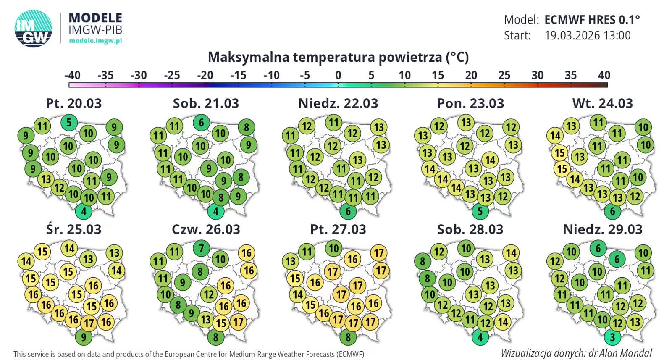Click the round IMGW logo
[34, 29]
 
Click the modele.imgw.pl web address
[95, 41]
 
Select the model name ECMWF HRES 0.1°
[592, 20]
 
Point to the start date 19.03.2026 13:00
[587, 35]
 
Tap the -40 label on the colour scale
[72, 75]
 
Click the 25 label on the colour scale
[504, 75]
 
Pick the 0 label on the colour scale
[338, 75]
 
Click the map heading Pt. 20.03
[74, 103]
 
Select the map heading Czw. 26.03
[206, 229]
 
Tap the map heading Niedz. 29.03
[603, 229]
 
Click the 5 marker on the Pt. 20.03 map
[69, 123]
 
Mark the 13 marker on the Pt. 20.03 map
[46, 179]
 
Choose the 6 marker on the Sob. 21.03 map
[201, 123]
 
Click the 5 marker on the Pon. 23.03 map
[480, 211]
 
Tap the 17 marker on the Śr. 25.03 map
[88, 323]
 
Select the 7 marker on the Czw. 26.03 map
[201, 249]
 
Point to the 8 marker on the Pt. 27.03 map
[348, 337]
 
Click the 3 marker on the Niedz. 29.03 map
[612, 337]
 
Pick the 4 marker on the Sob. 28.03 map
[480, 337]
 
